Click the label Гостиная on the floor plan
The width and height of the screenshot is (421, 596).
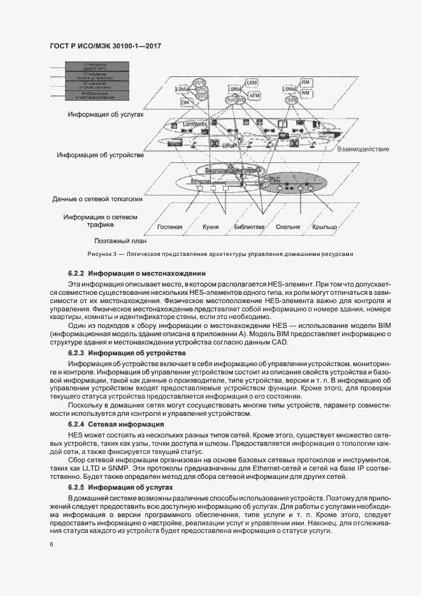click(x=170, y=227)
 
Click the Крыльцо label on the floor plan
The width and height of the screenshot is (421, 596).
click(x=325, y=227)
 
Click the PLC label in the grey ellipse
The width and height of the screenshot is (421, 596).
click(x=275, y=180)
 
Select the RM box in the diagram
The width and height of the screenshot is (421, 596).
click(x=306, y=83)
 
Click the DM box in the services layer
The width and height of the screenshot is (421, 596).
click(x=185, y=102)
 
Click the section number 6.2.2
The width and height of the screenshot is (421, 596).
click(x=76, y=273)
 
